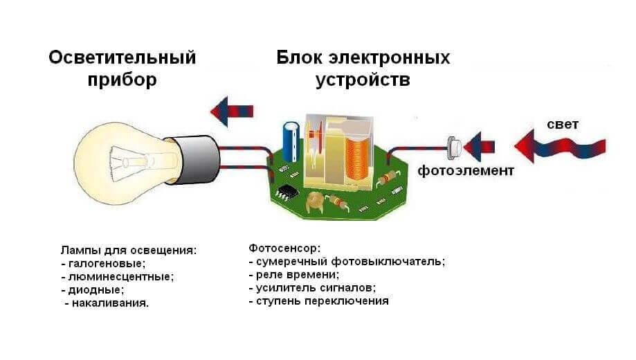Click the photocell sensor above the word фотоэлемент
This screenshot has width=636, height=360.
455,146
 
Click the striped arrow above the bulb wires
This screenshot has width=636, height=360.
232,109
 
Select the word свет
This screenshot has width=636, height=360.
562,125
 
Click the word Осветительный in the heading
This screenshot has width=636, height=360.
122,57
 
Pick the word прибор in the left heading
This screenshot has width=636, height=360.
122,80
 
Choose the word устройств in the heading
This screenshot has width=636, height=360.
363,80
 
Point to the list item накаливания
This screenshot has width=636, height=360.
110,303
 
